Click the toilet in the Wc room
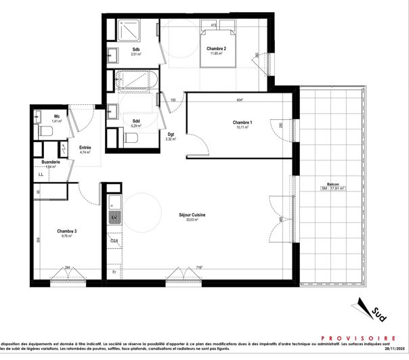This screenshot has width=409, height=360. click(x=45, y=131)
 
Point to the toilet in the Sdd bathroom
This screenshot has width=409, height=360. click(x=131, y=139)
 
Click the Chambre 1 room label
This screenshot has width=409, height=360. click(x=242, y=122)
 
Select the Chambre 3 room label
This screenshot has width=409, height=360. click(x=66, y=231)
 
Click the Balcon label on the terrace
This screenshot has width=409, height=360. click(x=332, y=184)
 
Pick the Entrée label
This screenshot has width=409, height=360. click(x=85, y=148)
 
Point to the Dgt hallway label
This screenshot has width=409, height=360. click(x=171, y=134)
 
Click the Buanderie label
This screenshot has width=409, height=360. click(x=51, y=162)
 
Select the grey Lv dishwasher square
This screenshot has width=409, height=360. click(x=114, y=217)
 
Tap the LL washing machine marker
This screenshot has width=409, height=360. click(x=41, y=175)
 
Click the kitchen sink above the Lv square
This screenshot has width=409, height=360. click(x=114, y=202)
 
